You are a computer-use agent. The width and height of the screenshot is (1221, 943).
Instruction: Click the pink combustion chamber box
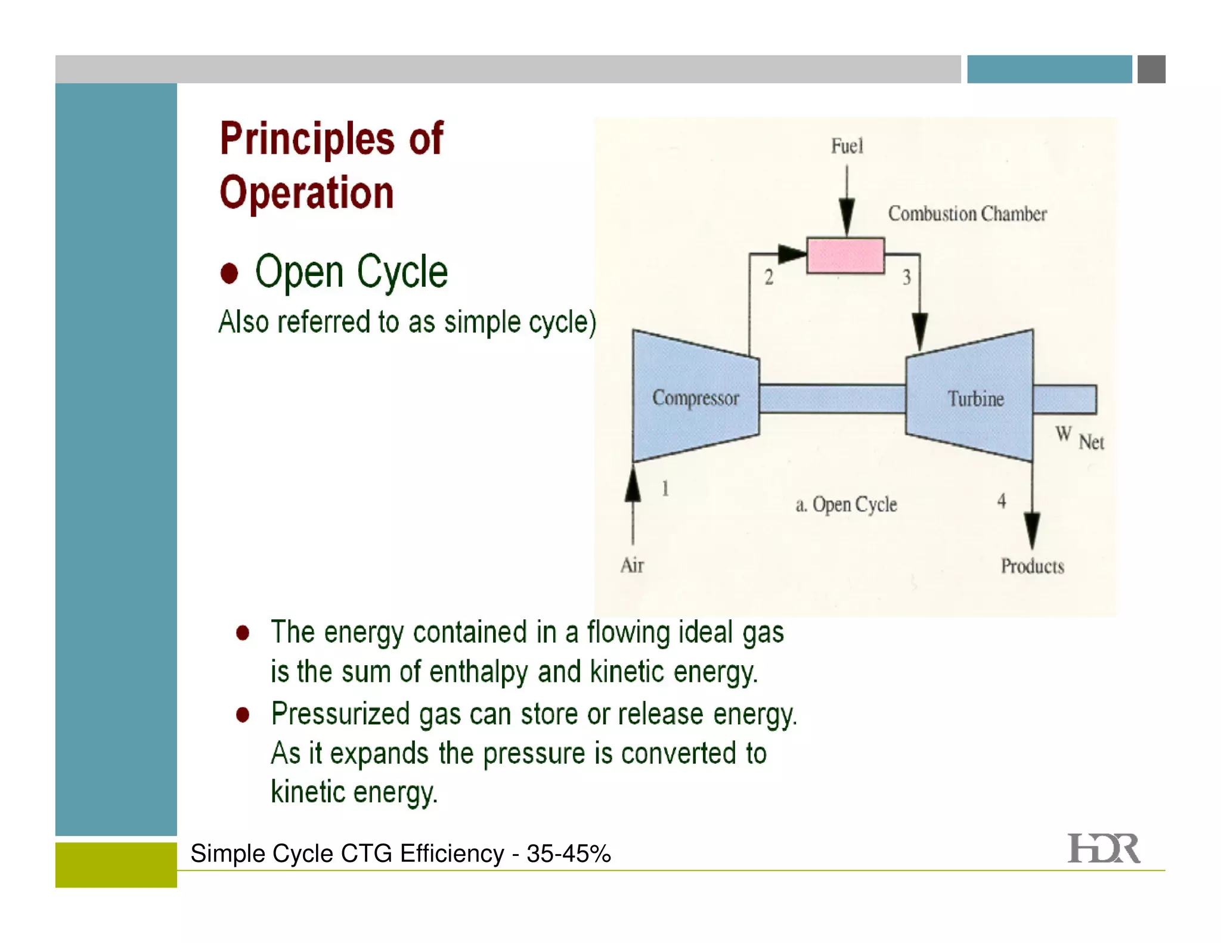click(845, 255)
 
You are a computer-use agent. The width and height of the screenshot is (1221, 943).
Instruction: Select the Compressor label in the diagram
click(695, 398)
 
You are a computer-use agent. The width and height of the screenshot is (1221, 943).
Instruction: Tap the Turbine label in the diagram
click(975, 399)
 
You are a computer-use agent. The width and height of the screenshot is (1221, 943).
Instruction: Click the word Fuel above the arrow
click(847, 146)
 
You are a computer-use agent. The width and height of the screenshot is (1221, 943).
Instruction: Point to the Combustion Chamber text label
click(967, 214)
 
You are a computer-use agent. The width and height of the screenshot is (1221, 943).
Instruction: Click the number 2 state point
click(768, 277)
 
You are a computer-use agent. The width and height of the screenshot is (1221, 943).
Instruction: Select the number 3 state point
click(906, 277)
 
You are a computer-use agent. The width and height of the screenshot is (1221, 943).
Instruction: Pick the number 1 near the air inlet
click(665, 489)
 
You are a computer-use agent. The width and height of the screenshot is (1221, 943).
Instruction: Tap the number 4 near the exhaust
click(1002, 501)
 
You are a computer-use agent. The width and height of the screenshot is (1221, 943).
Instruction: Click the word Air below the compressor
click(632, 565)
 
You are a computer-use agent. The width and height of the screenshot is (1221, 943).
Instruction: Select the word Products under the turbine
click(1032, 566)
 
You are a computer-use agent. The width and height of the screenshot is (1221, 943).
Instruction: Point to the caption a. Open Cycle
click(846, 505)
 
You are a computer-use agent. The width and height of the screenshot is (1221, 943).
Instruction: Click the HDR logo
click(1103, 849)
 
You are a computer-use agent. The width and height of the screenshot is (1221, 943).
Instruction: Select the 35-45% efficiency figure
click(569, 854)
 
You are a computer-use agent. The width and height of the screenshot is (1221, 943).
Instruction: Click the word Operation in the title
click(306, 193)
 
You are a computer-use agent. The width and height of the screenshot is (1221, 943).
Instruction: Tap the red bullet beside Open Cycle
click(229, 273)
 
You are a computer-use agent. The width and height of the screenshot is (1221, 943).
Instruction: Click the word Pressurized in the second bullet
click(340, 714)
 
